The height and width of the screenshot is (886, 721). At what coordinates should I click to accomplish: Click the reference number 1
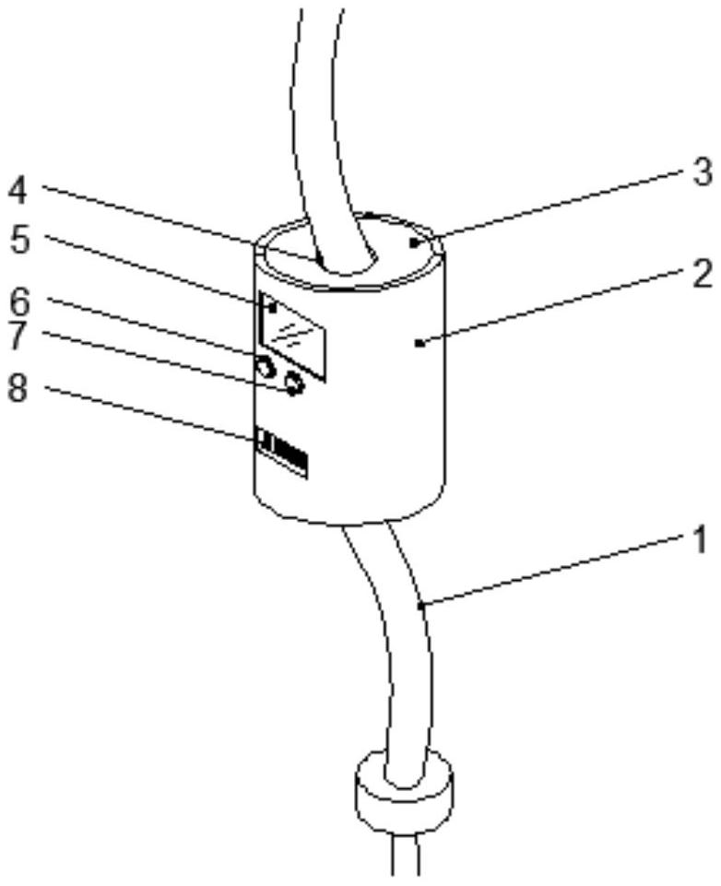[700, 540]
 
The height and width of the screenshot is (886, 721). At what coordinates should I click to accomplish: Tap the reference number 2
[703, 276]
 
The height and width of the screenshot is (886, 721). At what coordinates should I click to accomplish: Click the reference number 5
[20, 241]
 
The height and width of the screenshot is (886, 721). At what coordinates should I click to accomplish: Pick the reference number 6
[19, 302]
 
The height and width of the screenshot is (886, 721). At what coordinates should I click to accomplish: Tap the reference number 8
[18, 389]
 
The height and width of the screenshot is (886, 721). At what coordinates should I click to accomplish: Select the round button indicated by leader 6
[264, 370]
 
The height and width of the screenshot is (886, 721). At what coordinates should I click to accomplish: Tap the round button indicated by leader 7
[294, 384]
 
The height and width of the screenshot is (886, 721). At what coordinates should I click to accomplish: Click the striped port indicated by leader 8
[281, 452]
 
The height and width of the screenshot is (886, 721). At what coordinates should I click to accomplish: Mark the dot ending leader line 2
[419, 342]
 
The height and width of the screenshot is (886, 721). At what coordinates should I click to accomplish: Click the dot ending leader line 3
[414, 243]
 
